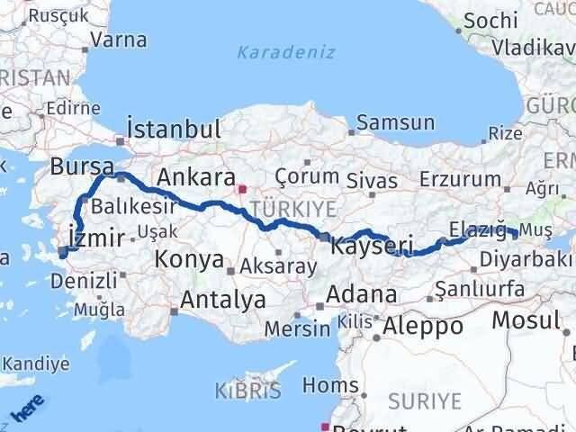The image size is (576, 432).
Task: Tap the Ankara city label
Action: tap(196, 177)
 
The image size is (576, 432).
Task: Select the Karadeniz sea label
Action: tap(285, 52)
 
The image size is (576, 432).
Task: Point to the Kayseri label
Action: tap(372, 244)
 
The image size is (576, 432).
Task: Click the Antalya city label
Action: tap(223, 300)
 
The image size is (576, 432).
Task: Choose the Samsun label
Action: tap(395, 123)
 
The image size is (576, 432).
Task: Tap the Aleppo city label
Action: tap(422, 327)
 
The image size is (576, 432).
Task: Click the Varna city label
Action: tap(118, 40)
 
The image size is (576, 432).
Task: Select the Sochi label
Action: tap(489, 20)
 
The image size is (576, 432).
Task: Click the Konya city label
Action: tap(189, 260)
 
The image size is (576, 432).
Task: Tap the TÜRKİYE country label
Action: tap(293, 209)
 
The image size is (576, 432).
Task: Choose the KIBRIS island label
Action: tap(247, 391)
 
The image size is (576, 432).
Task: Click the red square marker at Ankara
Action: tap(241, 189)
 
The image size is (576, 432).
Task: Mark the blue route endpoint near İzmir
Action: tap(62, 253)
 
